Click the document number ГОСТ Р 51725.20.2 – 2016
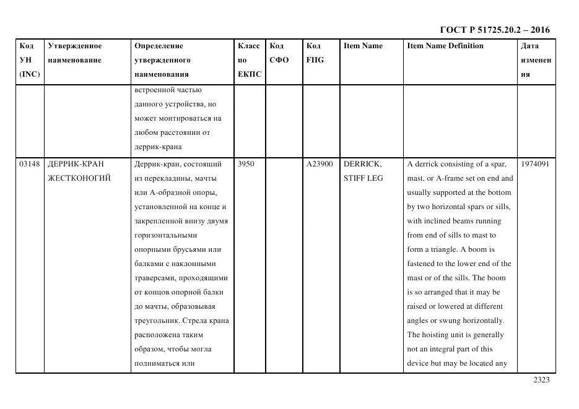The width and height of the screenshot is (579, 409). click(x=494, y=30)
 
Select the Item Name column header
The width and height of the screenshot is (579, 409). click(x=363, y=46)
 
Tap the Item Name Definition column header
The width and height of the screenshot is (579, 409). click(x=445, y=46)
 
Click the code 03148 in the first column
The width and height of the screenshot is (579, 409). click(x=30, y=164)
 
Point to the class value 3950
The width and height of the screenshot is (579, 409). click(x=246, y=164)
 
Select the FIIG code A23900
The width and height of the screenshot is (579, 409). click(x=320, y=164)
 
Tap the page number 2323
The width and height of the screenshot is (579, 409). click(x=541, y=380)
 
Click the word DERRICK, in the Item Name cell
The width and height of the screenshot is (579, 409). click(x=363, y=164)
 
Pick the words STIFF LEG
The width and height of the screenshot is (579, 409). click(x=364, y=178)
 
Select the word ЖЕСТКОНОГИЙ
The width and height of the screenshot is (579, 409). click(x=79, y=178)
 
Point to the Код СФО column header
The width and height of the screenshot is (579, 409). click(x=279, y=53)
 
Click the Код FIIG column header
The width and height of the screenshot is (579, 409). click(x=315, y=53)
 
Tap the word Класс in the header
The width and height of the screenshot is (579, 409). click(x=248, y=46)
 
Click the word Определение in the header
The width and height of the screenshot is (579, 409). click(x=159, y=46)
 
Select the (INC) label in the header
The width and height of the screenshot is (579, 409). click(x=30, y=74)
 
